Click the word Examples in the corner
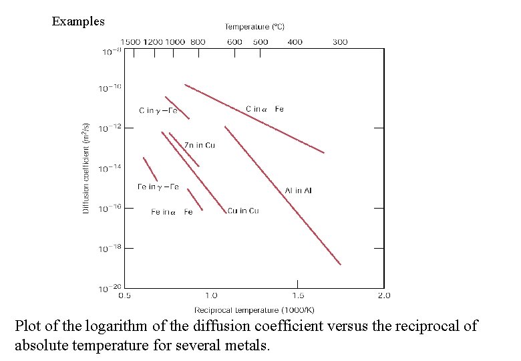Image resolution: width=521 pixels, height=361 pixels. coord(78,21)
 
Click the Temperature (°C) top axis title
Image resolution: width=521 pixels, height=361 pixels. coord(254,27)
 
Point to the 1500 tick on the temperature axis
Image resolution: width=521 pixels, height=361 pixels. coord(130,42)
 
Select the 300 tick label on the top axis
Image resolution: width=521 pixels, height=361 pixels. coord(339,42)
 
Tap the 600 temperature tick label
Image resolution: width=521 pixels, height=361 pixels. coord(234,42)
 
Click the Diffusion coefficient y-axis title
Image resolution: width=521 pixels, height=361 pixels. coord(86,168)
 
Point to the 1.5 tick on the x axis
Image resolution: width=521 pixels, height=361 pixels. coord(298,295)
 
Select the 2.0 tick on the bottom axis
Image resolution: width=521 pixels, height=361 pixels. coord(383,295)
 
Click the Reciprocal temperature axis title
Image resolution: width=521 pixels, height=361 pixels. coord(254,310)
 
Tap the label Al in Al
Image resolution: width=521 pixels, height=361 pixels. coord(298,191)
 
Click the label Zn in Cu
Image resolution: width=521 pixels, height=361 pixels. coord(200,145)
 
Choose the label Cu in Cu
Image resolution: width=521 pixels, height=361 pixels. coord(243,211)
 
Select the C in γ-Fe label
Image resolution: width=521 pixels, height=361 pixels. coord(158,110)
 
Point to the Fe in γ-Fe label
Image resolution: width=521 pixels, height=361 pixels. coord(158,187)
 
